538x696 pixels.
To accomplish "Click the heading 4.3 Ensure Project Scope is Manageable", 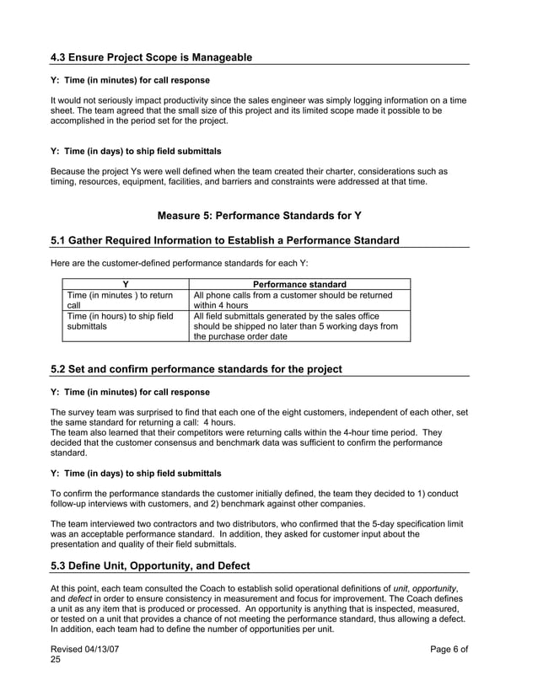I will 151,57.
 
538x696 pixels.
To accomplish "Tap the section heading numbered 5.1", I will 225,241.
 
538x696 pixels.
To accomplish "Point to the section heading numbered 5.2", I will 196,369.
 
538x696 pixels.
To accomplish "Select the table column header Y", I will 126,285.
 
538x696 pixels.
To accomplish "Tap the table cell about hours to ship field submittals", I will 118,321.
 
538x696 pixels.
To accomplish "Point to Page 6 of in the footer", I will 449,649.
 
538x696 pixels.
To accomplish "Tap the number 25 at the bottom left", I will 56,661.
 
